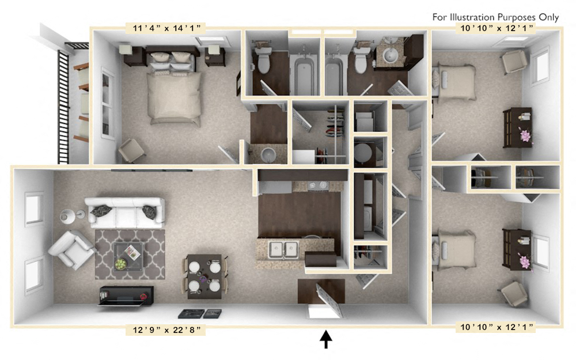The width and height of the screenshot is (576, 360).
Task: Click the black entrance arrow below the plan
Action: click(x=326, y=340)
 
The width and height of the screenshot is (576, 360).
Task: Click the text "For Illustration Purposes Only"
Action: click(x=495, y=17)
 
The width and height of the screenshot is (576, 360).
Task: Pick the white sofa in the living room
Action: click(x=124, y=211)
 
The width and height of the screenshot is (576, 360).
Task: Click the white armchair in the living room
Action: click(x=70, y=248)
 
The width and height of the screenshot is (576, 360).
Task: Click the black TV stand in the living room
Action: click(x=126, y=294)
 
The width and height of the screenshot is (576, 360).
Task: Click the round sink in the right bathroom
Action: click(x=387, y=56)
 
